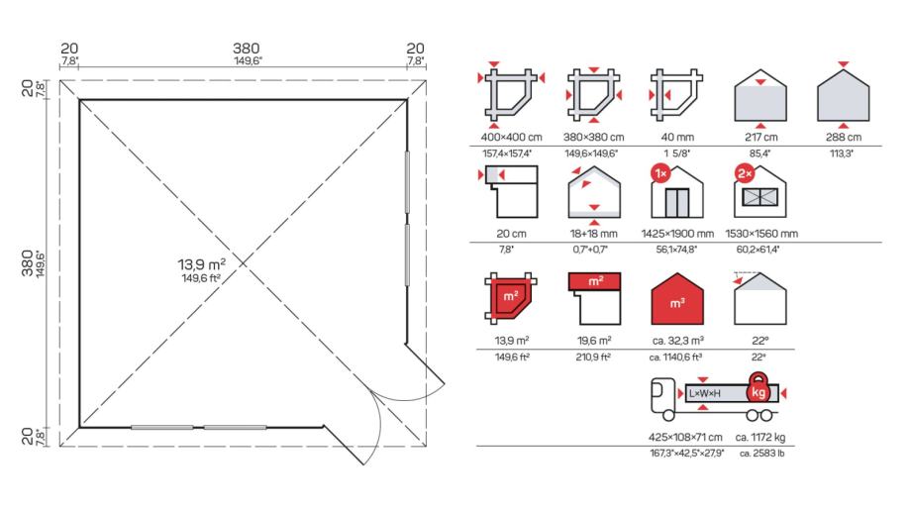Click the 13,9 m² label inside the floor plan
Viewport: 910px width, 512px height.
pos(201,264)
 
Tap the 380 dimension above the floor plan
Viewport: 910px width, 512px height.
pos(247,49)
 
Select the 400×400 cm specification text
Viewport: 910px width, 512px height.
pos(511,138)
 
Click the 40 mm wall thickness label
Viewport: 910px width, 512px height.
pos(677,138)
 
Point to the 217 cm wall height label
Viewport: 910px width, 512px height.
pos(760,138)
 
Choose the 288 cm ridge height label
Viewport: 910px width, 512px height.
pos(844,138)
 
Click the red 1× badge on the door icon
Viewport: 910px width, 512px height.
pos(661,173)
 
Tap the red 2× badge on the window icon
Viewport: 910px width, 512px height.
pos(744,173)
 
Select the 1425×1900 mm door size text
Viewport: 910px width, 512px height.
pos(677,234)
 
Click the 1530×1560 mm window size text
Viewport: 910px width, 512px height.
pos(760,234)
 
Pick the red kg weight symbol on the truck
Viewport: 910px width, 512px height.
pos(758,389)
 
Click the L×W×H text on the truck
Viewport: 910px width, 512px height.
pos(705,393)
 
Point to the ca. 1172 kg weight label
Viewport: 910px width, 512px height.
pos(760,437)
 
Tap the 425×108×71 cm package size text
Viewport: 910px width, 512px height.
pos(685,437)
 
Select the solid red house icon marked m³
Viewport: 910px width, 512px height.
pos(677,299)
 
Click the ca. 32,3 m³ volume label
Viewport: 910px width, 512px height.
pos(677,341)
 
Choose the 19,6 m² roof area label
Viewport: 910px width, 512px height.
pos(594,341)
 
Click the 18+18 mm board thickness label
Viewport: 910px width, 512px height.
pos(594,234)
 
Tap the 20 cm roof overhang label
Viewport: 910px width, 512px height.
pos(511,234)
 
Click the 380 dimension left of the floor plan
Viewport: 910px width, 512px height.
pos(27,263)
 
